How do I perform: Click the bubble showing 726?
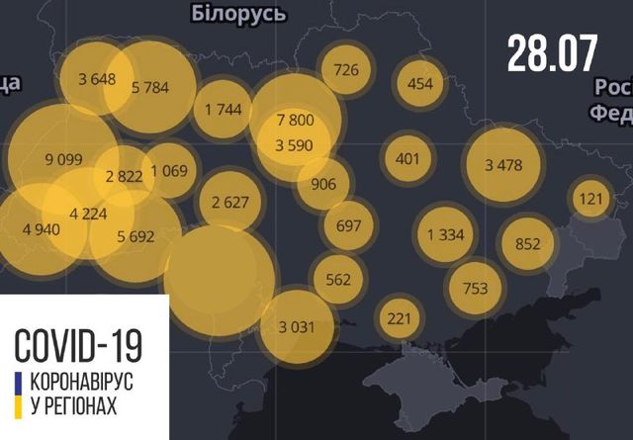pos(346,70)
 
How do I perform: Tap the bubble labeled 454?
pos(420,83)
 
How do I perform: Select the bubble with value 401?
pos(407,158)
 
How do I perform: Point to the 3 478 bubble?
pos(503,165)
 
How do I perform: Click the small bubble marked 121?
pos(590,200)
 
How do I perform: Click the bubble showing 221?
pos(399,318)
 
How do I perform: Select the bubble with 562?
pos(338,279)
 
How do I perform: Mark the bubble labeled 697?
pos(348,225)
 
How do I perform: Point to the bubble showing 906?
pos(322,184)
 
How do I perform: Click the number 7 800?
pos(296,120)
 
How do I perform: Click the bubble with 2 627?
pos(228,204)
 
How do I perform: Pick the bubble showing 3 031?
pos(296,325)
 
